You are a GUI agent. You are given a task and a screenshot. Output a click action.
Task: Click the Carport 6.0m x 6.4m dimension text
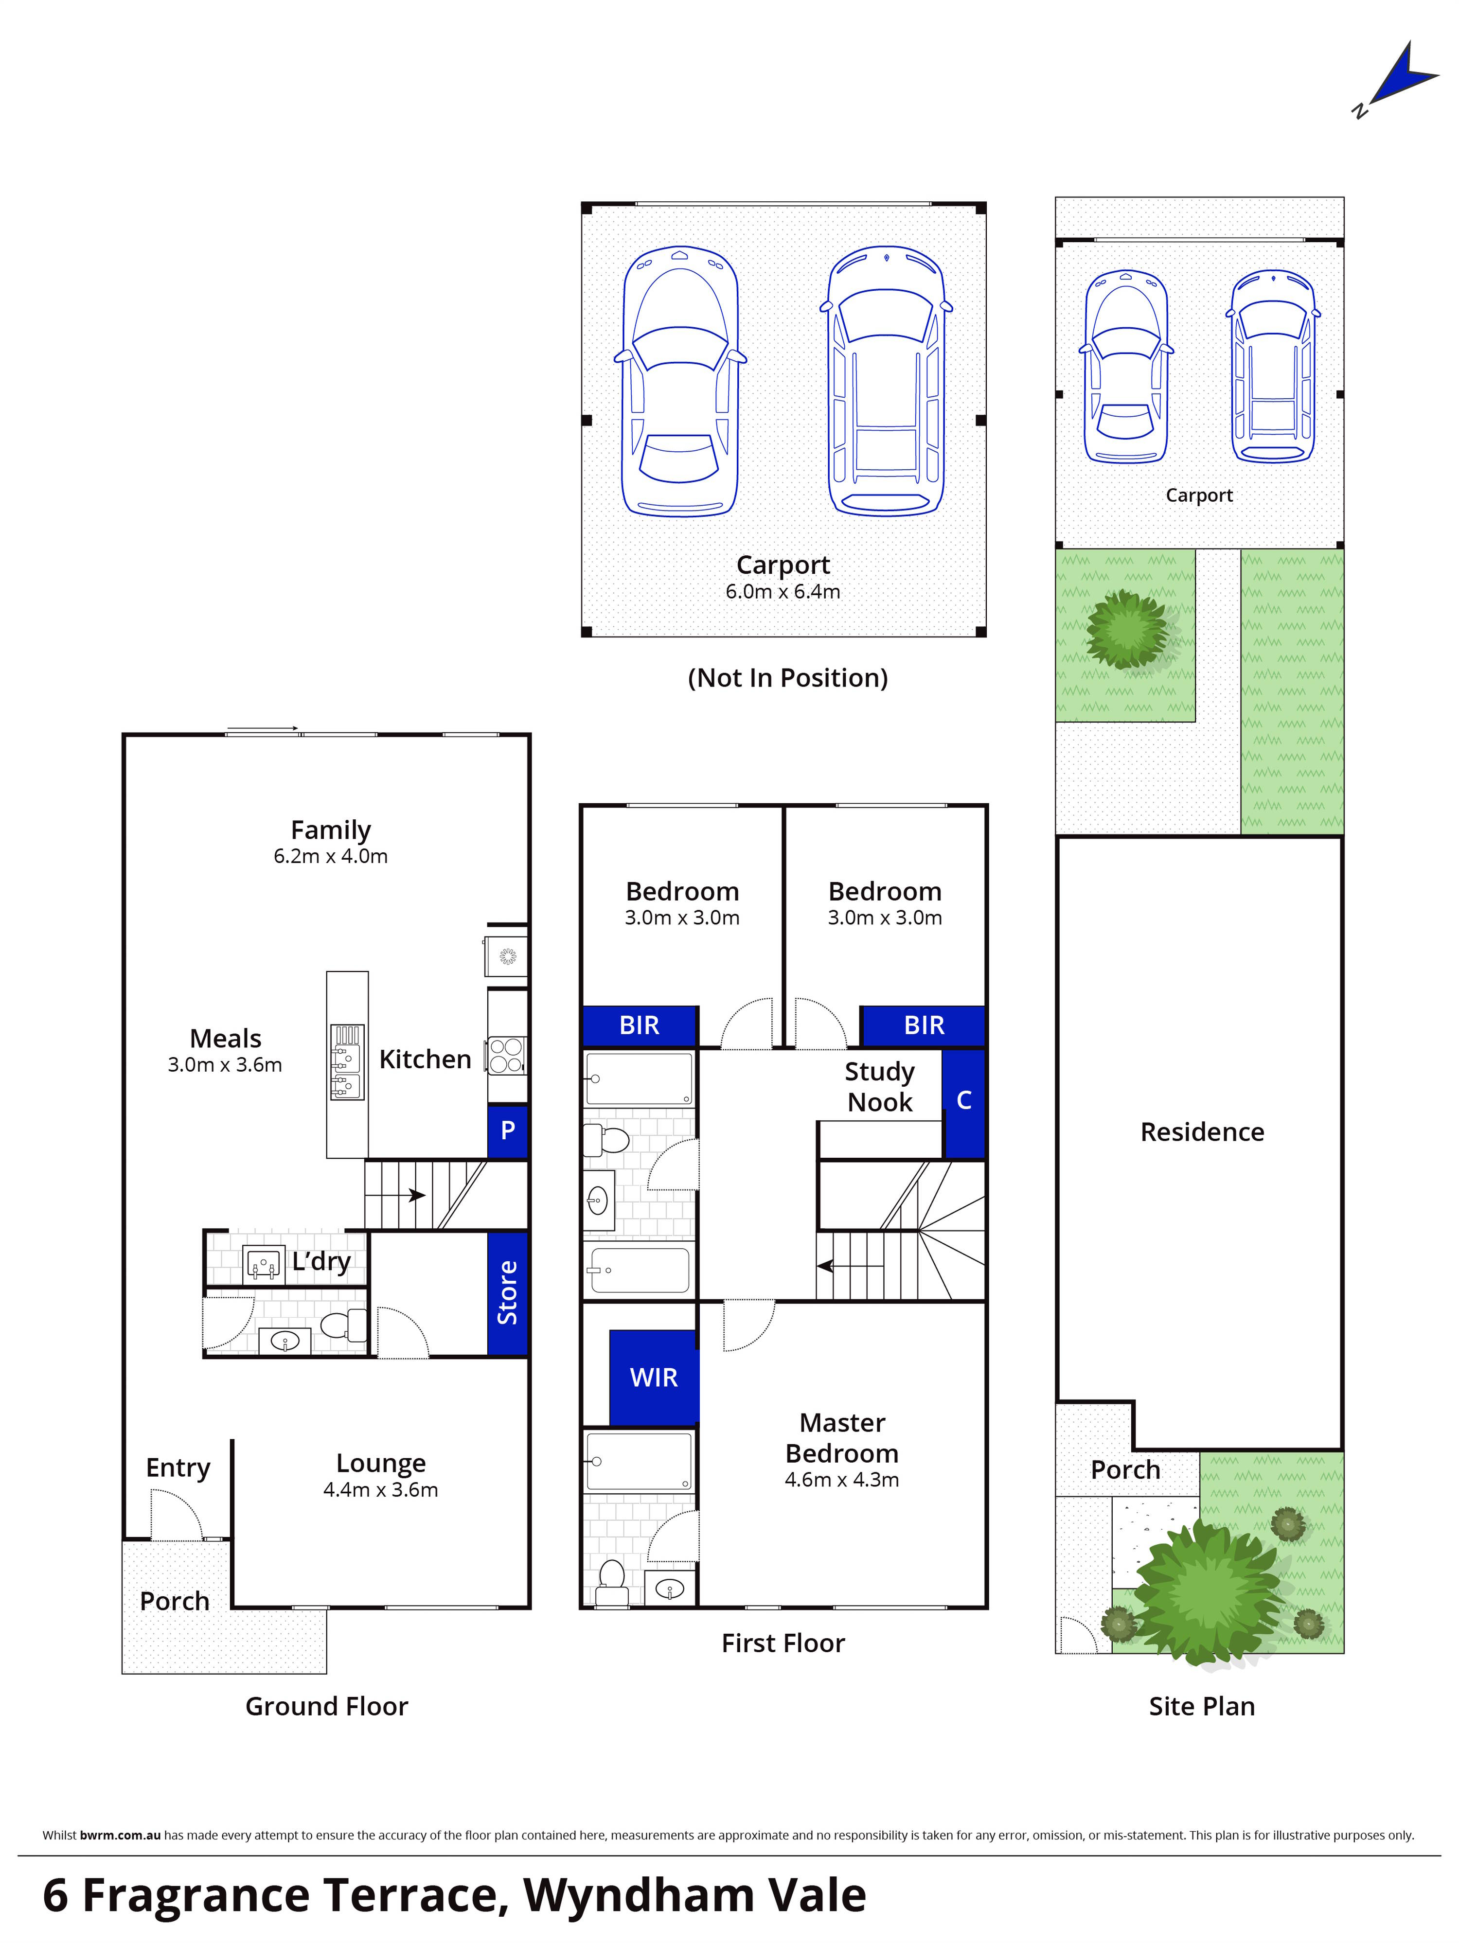coord(783,592)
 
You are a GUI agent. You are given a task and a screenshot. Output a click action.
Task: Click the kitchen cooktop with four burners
coord(507,1055)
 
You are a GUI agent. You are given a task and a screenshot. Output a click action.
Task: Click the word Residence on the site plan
coord(1202,1132)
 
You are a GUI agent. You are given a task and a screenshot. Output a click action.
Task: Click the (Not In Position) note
coord(788,678)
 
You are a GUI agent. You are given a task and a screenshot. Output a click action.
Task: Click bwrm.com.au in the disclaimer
coord(120,1835)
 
